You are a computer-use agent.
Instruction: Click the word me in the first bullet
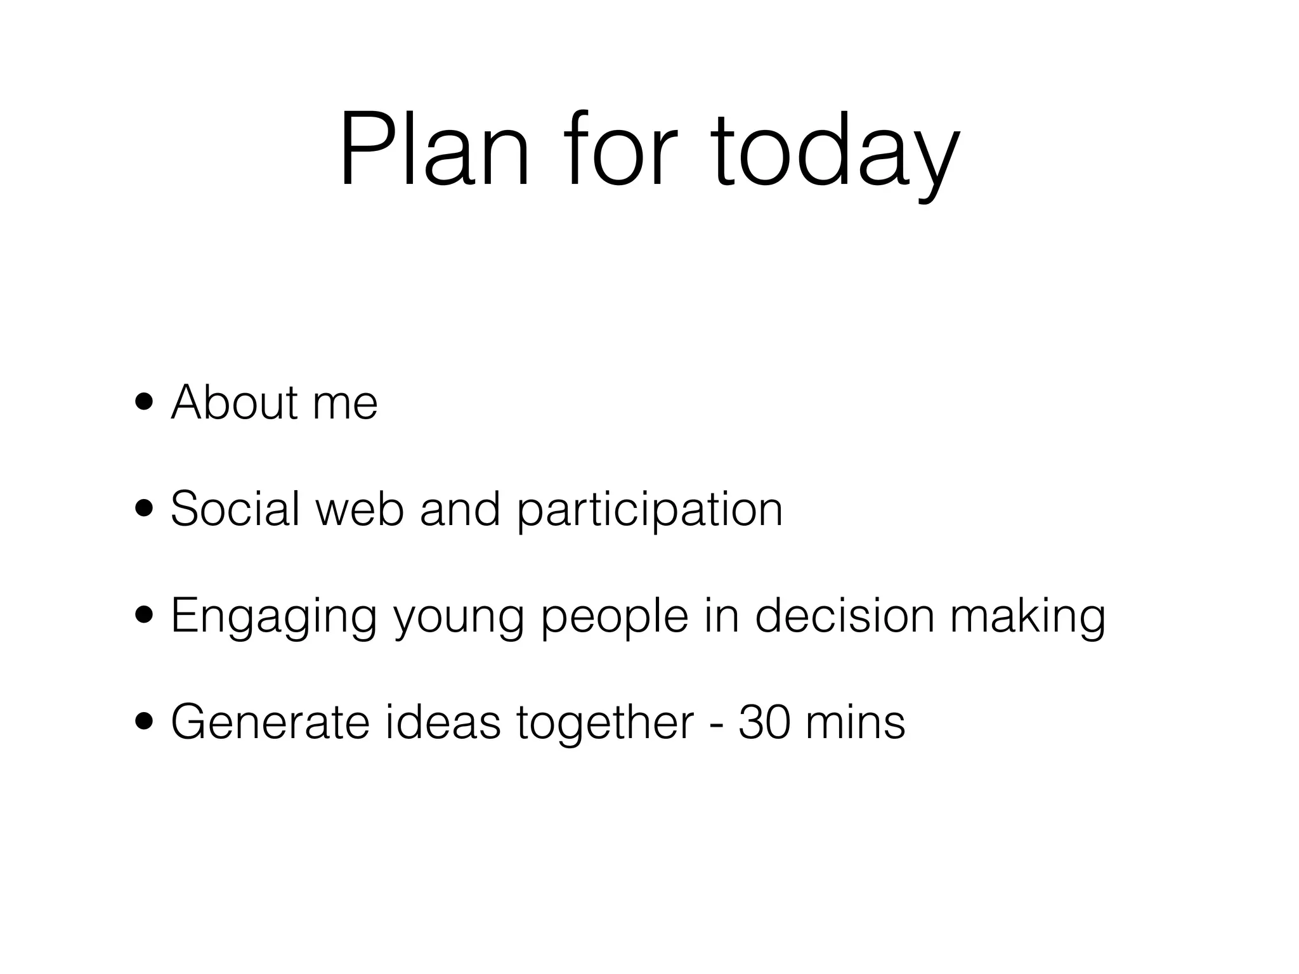[346, 406]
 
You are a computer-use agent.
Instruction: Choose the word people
[614, 619]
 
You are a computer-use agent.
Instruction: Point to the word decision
[845, 616]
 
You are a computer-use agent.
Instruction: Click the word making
[1028, 619]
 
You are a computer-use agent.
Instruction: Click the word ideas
[443, 722]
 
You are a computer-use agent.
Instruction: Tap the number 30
[764, 722]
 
